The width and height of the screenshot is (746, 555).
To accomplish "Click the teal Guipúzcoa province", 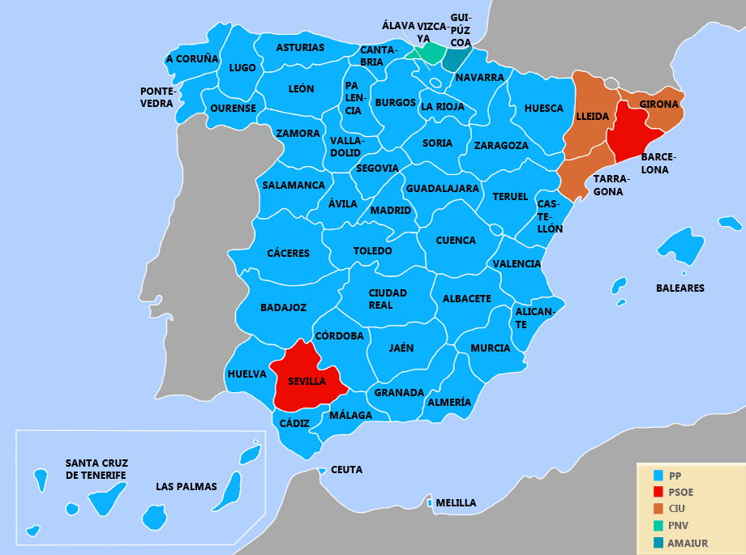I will [x=457, y=59].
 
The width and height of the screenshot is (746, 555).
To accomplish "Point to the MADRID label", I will [x=391, y=211].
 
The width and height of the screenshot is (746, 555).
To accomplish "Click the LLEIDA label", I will [x=592, y=117].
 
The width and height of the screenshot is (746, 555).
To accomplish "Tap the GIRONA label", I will [x=658, y=105].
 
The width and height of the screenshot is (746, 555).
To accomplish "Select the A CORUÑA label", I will [x=192, y=59].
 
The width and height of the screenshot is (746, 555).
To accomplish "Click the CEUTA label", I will [x=347, y=470].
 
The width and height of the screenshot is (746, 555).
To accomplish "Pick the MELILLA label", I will [x=456, y=503].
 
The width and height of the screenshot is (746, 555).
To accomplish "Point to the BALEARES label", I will [x=680, y=288].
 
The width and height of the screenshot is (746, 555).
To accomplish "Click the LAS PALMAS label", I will [x=186, y=487].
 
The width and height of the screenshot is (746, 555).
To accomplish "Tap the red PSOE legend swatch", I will [x=658, y=492].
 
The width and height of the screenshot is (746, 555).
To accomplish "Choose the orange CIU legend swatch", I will [x=658, y=509].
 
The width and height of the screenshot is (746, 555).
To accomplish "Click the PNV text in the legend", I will [x=680, y=526].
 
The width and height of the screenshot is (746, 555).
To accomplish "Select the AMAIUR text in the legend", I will [x=688, y=543].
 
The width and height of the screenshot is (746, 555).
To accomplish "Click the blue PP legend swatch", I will [x=658, y=476].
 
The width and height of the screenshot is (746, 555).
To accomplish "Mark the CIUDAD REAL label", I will [x=388, y=299].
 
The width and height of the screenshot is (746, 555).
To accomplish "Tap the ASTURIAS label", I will [x=300, y=48].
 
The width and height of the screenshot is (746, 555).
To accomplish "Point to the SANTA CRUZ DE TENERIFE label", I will [x=96, y=469].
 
